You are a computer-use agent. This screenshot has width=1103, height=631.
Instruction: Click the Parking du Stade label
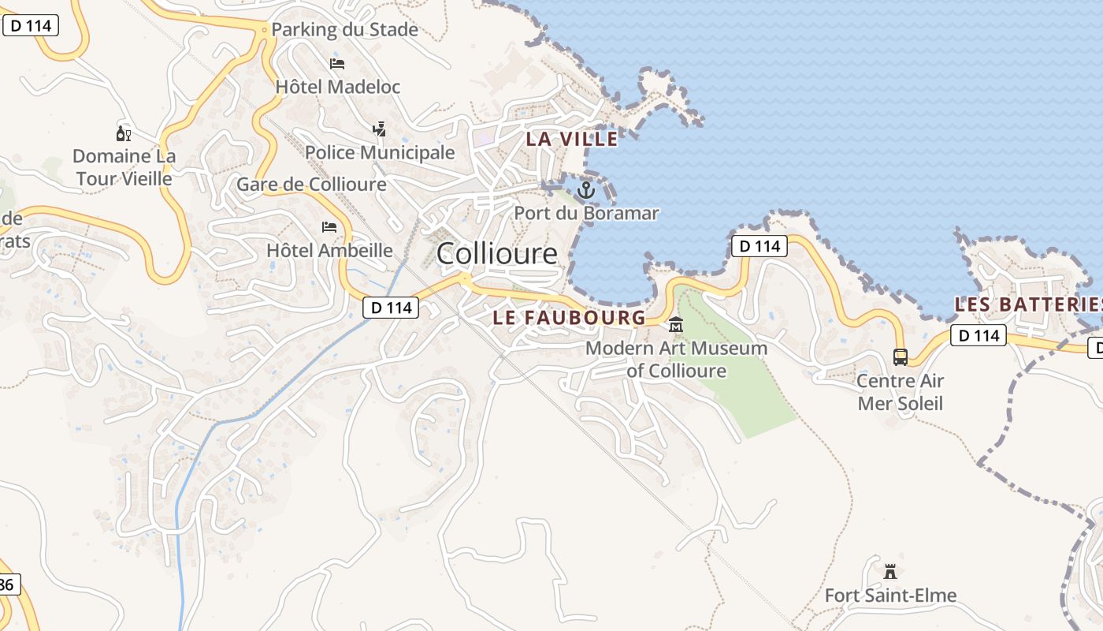coord(344,30)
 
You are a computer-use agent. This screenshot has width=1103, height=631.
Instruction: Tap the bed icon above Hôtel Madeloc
coord(337,64)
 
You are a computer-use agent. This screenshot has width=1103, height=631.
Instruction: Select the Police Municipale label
coord(380,152)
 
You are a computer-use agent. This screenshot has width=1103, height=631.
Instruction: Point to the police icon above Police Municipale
coord(379,129)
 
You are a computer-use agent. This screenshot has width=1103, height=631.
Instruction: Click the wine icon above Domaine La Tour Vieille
coord(124,133)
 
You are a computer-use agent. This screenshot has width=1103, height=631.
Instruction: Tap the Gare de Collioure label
coord(311,185)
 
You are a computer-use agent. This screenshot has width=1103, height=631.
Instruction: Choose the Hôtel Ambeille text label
coord(329,251)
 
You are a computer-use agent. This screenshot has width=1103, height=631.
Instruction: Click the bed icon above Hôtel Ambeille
coord(329,228)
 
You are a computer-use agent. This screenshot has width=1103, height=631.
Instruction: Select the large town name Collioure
coord(496,253)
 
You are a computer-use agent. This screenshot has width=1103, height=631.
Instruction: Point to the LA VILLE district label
coord(572,139)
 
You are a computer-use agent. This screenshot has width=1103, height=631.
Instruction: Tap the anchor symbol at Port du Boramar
coord(585,190)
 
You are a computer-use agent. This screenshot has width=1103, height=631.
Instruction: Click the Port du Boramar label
coord(586,213)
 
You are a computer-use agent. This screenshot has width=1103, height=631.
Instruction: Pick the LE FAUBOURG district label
coord(569,318)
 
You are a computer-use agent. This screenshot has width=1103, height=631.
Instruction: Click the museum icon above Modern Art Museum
coord(676,325)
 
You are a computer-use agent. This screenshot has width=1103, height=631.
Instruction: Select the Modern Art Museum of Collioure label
coord(677,359)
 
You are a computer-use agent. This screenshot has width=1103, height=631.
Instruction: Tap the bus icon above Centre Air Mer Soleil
coord(901,357)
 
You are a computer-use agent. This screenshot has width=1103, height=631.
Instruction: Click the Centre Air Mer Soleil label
coord(900,392)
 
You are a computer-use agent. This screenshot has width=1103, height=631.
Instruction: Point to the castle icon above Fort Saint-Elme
coord(890,571)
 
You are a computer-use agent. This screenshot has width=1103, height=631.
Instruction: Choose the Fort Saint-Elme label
coord(890,596)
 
